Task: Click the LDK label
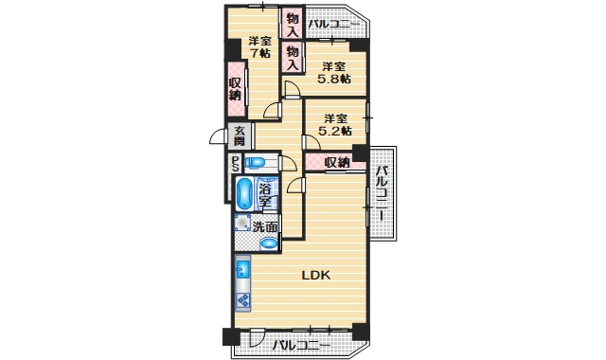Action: click(x=314, y=276)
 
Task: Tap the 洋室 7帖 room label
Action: click(x=259, y=47)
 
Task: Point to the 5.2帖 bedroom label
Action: click(x=334, y=125)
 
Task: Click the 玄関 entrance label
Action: click(x=240, y=135)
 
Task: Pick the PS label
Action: click(x=235, y=165)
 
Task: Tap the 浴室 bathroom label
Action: click(x=266, y=195)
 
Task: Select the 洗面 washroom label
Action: click(x=265, y=226)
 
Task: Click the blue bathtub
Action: click(x=244, y=193)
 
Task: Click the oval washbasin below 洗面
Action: click(x=268, y=243)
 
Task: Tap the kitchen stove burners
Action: click(x=242, y=301)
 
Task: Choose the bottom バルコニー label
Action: click(x=301, y=346)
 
